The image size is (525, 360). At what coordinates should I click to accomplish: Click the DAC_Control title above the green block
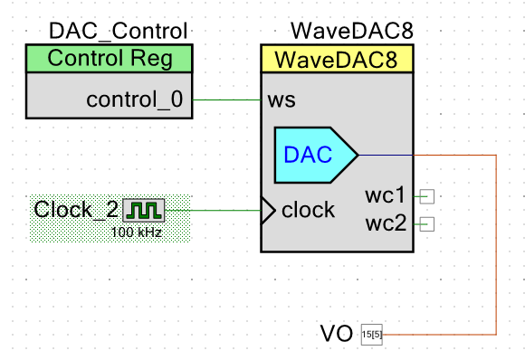pyautogui.click(x=119, y=31)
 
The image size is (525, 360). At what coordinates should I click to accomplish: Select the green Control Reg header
pyautogui.click(x=110, y=59)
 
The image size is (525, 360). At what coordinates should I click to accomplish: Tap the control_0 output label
pyautogui.click(x=135, y=99)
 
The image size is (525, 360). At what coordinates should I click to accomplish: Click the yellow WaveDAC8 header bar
pyautogui.click(x=337, y=59)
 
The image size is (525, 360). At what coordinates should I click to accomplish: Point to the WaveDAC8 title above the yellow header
pyautogui.click(x=352, y=31)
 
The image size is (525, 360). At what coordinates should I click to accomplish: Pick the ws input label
pyautogui.click(x=282, y=100)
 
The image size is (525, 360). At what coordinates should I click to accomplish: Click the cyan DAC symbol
pyautogui.click(x=316, y=155)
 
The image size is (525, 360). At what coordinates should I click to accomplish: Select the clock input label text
pyautogui.click(x=308, y=210)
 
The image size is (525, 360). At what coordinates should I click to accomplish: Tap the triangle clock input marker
pyautogui.click(x=268, y=211)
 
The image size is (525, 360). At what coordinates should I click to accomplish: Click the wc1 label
pyautogui.click(x=385, y=195)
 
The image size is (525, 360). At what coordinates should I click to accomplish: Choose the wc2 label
pyautogui.click(x=386, y=223)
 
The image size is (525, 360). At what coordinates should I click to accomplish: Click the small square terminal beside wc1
pyautogui.click(x=427, y=196)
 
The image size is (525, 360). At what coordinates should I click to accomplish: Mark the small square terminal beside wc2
pyautogui.click(x=427, y=224)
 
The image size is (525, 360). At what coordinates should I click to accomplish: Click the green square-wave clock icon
pyautogui.click(x=144, y=211)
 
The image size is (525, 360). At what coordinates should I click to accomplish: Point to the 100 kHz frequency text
pyautogui.click(x=137, y=232)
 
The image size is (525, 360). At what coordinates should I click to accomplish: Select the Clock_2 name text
pyautogui.click(x=76, y=210)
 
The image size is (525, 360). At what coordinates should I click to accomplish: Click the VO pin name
pyautogui.click(x=337, y=333)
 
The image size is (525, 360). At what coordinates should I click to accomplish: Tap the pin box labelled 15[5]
pyautogui.click(x=372, y=335)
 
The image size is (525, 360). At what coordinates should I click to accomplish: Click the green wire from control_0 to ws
pyautogui.click(x=226, y=99)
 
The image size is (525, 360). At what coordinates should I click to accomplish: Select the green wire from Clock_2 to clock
pyautogui.click(x=213, y=211)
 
